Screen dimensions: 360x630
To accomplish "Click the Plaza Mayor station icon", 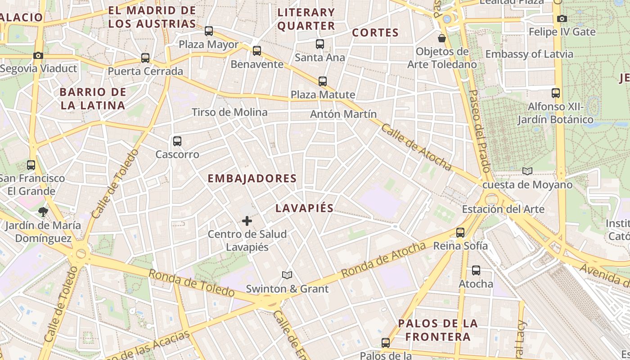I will click(209, 31).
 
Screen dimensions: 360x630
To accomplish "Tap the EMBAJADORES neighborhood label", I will click(252, 179).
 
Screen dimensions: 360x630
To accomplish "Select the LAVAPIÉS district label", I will click(305, 208).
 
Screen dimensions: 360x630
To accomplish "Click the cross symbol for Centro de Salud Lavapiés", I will click(247, 221).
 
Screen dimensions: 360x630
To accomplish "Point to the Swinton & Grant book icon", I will click(287, 275).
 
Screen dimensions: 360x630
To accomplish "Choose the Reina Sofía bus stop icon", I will click(460, 233).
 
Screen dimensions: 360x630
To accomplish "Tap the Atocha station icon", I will click(476, 270).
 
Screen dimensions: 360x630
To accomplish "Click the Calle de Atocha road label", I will click(416, 147).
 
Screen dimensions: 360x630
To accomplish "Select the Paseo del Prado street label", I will click(479, 131).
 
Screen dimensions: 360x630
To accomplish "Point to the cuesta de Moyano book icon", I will click(527, 171).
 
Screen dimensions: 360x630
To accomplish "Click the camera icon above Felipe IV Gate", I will click(562, 18).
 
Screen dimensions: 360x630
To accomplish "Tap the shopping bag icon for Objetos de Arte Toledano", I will click(442, 38).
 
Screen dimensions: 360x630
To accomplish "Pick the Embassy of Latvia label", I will click(529, 54).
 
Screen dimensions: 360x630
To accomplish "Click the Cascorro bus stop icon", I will click(177, 141).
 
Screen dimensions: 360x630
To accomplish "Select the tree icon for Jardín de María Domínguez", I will click(43, 211).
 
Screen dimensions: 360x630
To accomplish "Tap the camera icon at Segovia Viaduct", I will click(38, 55).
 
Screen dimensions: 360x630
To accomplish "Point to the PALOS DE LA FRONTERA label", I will click(438, 330).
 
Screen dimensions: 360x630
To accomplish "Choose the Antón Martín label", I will click(343, 114).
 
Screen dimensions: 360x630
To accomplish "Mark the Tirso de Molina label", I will click(229, 112).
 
